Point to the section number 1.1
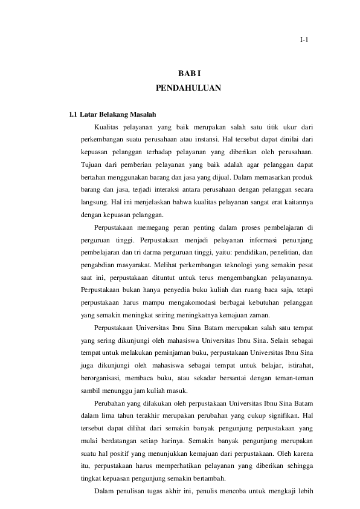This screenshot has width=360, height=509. coord(73,114)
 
